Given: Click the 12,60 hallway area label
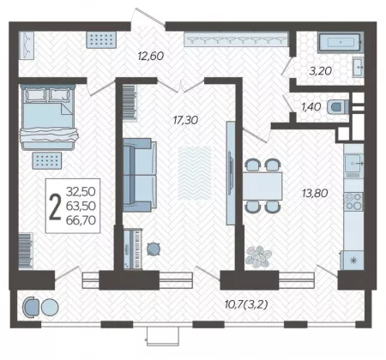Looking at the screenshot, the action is (151, 56).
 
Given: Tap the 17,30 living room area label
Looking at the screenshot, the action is (185, 120).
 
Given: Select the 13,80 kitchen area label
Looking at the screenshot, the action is (315, 193).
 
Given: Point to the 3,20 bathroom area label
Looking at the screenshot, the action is (320, 70).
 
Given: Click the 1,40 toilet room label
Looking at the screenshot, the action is (311, 107).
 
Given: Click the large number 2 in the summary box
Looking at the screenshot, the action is (55, 207).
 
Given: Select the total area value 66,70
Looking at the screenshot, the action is (81, 220).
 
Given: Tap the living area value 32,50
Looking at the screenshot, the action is (81, 191).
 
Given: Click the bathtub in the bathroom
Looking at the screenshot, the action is (340, 43).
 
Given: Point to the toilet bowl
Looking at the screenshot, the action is (338, 107).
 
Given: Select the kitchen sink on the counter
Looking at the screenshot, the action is (353, 163).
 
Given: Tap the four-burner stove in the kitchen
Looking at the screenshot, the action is (353, 201).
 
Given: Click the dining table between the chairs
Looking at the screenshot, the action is (262, 186).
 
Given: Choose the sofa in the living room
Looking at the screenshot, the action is (140, 175).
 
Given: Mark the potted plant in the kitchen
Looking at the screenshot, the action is (258, 256).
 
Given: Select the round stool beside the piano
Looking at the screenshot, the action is (154, 249).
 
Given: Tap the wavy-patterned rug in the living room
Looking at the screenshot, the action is (195, 173).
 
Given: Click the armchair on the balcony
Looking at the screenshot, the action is (32, 307).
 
